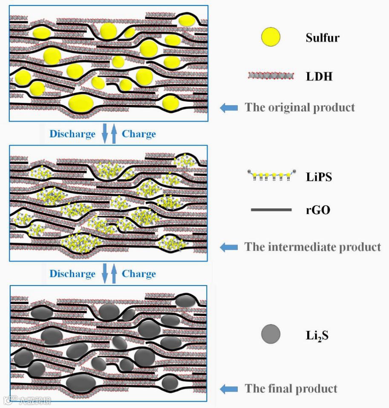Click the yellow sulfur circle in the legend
click(271, 37)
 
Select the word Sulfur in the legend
click(323, 37)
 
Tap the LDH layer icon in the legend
click(271, 76)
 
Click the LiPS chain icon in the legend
click(271, 175)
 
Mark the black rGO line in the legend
click(271, 210)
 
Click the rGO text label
click(318, 210)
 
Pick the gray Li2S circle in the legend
click(271, 334)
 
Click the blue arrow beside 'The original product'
click(229, 108)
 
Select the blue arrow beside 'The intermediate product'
click(229, 247)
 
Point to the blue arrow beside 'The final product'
click(229, 388)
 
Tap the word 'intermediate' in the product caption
click(300, 247)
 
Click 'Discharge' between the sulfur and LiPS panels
click(72, 134)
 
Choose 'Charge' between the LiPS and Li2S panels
click(139, 274)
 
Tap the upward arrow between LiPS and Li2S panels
click(114, 274)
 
